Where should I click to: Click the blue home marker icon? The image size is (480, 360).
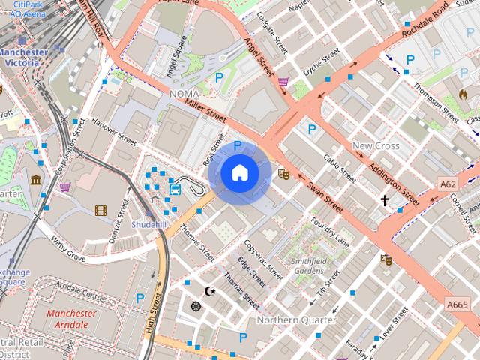coord(239,173)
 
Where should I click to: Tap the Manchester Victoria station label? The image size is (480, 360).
coord(22,58)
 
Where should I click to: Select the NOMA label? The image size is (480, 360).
coord(184,93)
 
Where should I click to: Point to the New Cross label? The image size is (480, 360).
coord(376,145)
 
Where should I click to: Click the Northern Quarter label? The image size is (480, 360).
coord(296,319)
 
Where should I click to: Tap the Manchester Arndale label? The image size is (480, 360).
coord(71,319)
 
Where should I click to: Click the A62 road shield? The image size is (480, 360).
coord(448,184)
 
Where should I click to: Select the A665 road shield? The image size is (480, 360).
coord(457,304)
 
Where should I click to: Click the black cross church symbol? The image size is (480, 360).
coord(385,200)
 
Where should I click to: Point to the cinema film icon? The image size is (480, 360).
coord(100,210)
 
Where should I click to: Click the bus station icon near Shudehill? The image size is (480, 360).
coord(175,188)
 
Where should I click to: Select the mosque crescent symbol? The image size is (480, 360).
coord(210,290)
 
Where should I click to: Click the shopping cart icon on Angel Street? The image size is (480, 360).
coord(283,82)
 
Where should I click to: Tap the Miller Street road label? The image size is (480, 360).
coord(205,112)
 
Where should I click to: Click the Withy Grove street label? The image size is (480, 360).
coord(68,246)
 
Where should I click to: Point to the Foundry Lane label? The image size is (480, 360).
coord(330,232)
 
